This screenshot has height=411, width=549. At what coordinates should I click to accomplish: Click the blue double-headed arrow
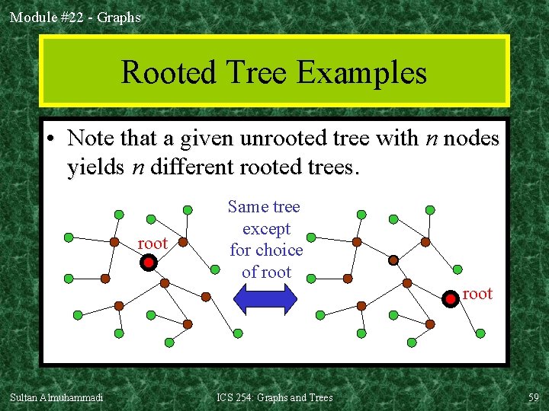tap(265, 299)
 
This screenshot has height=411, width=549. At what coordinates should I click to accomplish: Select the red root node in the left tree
tap(149, 263)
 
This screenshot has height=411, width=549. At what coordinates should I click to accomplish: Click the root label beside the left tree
tap(152, 244)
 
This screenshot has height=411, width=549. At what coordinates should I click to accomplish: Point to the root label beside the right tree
tap(478, 294)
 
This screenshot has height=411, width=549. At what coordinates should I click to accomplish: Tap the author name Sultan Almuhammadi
tap(56, 397)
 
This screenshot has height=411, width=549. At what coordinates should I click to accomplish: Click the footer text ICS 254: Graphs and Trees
tap(274, 397)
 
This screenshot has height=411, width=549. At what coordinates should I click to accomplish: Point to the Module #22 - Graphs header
tap(75, 17)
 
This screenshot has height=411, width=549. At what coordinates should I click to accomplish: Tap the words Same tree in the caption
tap(264, 207)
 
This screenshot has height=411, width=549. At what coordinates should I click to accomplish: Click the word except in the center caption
tap(266, 228)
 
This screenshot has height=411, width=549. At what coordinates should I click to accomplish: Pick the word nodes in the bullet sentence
tap(471, 139)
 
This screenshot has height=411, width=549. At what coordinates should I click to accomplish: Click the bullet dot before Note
tap(50, 140)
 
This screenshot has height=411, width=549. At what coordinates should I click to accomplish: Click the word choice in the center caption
tap(278, 250)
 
